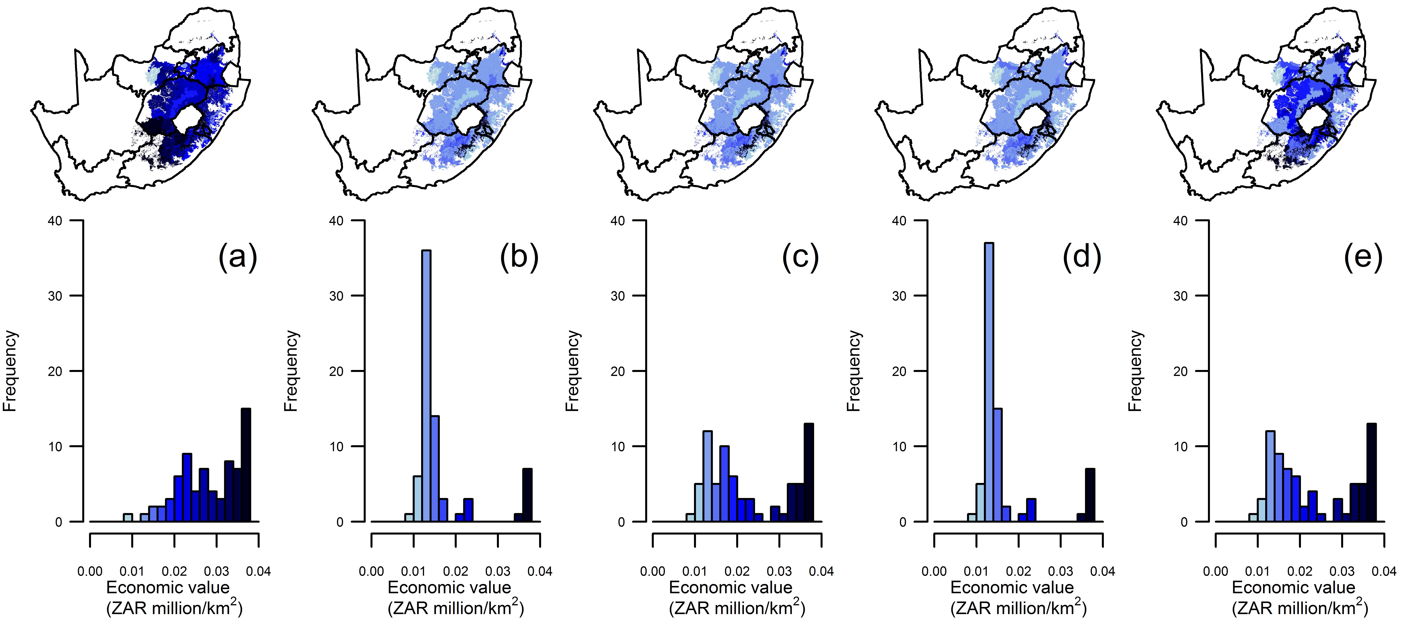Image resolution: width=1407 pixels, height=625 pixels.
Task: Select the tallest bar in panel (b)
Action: point(426,386)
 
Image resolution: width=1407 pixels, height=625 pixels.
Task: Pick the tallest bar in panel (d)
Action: point(989,382)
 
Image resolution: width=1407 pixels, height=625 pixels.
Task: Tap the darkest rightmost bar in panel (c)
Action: point(808,472)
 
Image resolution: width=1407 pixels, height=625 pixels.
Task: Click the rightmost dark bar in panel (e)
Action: point(1371,472)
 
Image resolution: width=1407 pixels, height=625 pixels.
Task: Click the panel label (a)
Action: point(238,256)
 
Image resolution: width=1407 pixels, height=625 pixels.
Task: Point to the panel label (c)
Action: point(800,256)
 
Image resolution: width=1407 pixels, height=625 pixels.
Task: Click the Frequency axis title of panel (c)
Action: point(572,371)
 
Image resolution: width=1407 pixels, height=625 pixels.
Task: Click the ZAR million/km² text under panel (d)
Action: point(1019,607)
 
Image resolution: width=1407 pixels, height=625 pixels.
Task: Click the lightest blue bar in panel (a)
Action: point(128,517)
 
